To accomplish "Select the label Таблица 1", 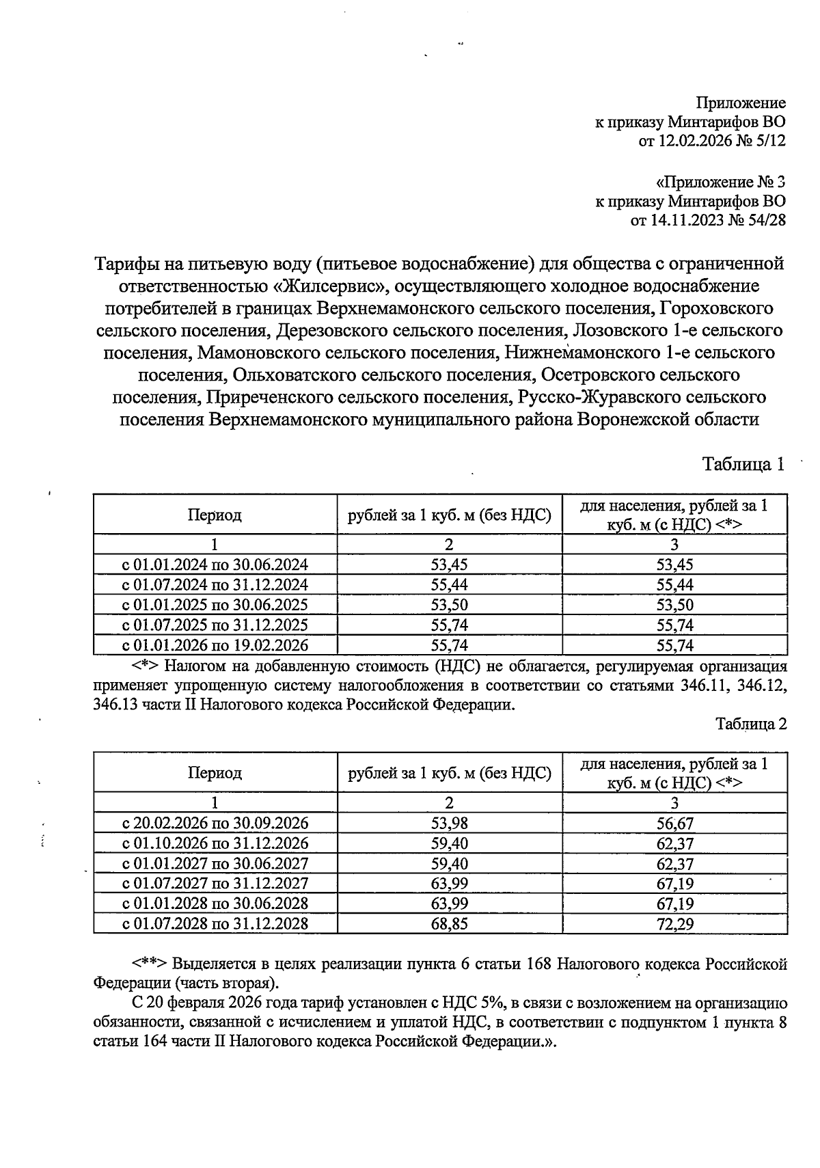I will [x=743, y=465].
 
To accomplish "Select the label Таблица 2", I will [x=751, y=724].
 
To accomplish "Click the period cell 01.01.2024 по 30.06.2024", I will [x=215, y=565].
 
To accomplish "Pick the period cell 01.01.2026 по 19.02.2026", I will [x=215, y=645].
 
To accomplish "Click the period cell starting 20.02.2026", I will [x=215, y=823].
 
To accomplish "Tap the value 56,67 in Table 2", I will [x=674, y=824].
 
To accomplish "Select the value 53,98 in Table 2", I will [x=449, y=824].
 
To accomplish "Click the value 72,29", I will [x=674, y=925].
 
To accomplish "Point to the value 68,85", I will [x=449, y=924].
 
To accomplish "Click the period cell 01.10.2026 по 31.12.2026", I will [x=215, y=843].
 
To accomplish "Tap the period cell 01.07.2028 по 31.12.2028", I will [x=215, y=924].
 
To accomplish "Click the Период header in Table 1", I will [x=215, y=515].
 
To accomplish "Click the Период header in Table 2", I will [x=215, y=773].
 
